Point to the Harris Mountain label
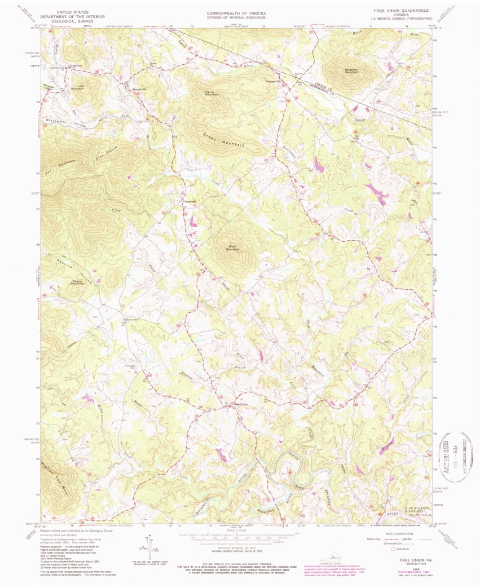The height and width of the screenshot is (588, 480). point(212,93)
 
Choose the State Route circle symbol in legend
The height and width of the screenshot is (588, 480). point(394,549)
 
